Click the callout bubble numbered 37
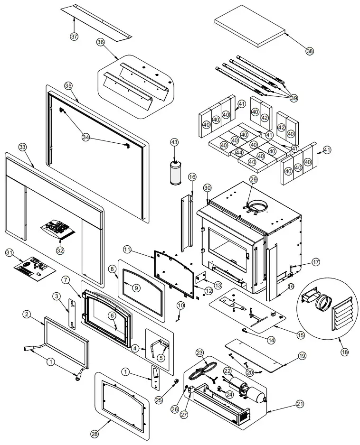tap(74, 37)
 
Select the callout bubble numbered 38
tap(310, 51)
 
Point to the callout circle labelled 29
tap(253, 179)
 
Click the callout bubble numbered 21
tap(300, 404)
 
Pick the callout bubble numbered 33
tap(22, 147)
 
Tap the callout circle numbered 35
tap(68, 86)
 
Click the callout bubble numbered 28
tap(95, 434)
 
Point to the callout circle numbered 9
tap(136, 288)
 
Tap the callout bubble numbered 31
tap(9, 252)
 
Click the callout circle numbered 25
tap(159, 400)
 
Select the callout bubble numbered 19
tap(303, 356)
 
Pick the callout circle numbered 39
tap(294, 98)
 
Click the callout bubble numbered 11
tap(128, 250)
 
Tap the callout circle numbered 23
tap(200, 353)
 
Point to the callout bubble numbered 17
tap(316, 262)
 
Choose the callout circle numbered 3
tap(57, 297)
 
